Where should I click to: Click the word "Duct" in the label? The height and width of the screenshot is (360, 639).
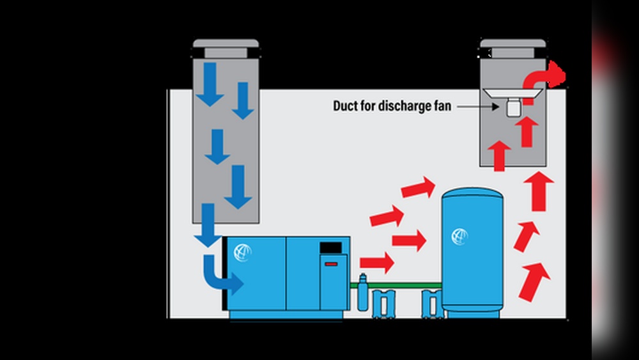(x=346, y=106)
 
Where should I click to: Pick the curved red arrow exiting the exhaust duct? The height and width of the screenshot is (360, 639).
(x=547, y=77)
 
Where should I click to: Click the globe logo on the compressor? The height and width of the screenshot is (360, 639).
(x=243, y=252)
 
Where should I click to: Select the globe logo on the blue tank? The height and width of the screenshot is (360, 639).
(x=459, y=237)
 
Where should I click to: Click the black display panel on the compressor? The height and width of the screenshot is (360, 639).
(x=330, y=247)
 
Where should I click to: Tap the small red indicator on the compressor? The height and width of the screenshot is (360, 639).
(x=330, y=263)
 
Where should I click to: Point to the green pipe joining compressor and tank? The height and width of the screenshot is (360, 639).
(x=396, y=283)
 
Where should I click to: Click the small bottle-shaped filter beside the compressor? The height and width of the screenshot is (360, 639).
(x=363, y=292)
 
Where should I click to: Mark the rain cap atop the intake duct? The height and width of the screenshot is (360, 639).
(x=226, y=48)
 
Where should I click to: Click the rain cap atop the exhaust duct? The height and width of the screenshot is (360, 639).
(x=513, y=48)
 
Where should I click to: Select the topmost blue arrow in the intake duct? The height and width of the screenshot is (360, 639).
(x=209, y=83)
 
